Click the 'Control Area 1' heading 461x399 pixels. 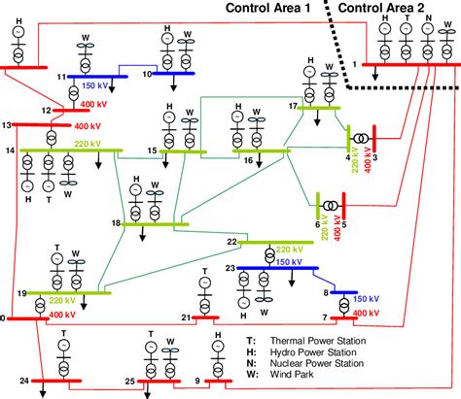(x=269, y=8)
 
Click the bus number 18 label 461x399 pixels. (x=116, y=224)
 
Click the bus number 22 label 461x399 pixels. (x=231, y=242)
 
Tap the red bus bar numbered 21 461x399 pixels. (x=203, y=317)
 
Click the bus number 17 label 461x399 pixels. (x=292, y=104)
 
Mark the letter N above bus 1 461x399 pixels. (x=427, y=18)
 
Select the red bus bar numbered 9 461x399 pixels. (x=217, y=381)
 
